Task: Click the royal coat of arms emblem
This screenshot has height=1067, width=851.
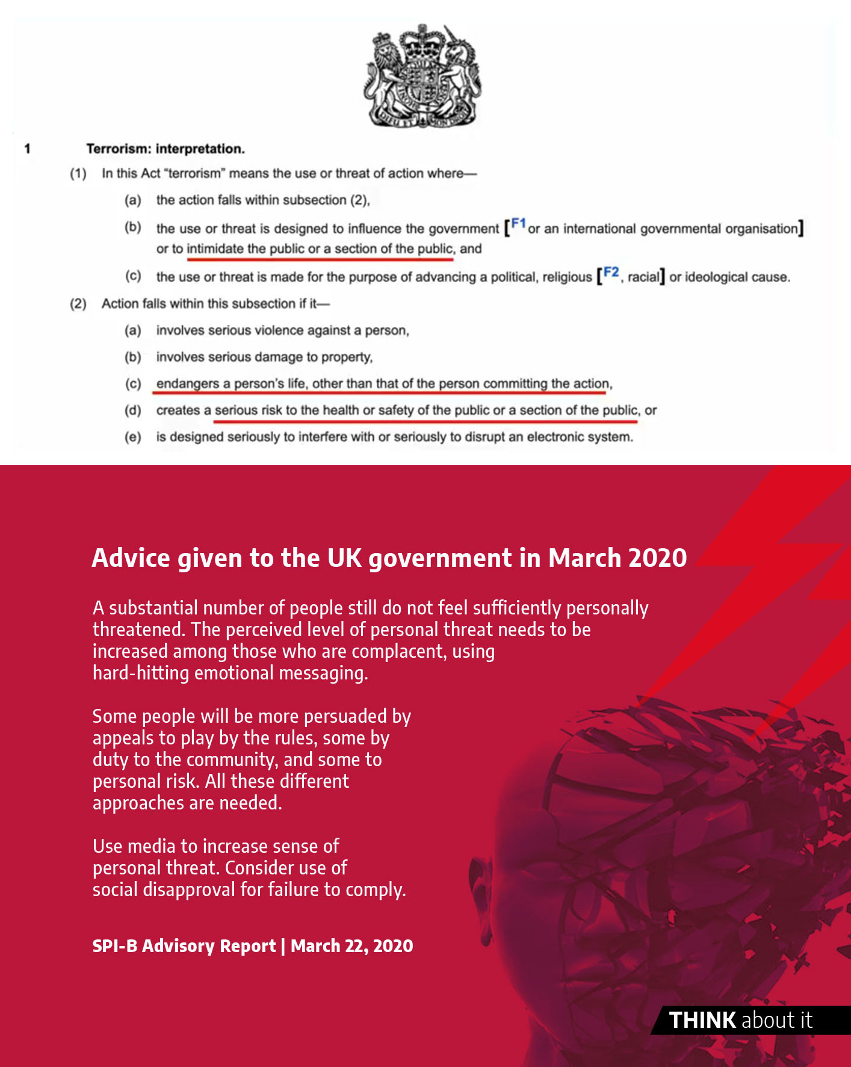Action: pos(422,76)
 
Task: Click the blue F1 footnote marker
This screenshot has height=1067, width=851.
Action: pos(518,224)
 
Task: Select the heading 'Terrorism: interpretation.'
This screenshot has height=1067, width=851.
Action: pos(166,149)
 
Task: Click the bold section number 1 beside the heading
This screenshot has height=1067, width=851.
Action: pos(28,149)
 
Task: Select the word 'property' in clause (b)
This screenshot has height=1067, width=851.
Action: pos(345,357)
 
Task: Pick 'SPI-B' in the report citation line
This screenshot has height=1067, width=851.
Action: pos(114,946)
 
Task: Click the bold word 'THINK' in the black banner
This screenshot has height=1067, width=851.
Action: pos(702,1020)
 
